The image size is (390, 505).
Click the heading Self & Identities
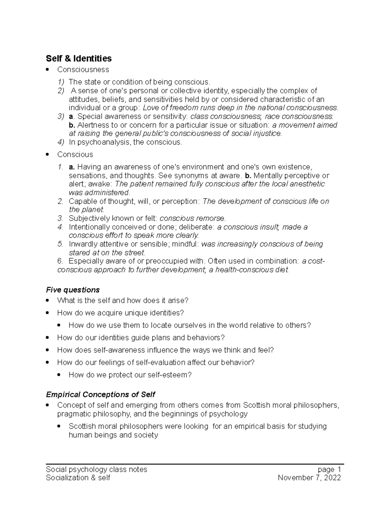[79, 59]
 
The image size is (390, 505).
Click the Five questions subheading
[73, 290]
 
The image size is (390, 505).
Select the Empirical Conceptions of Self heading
[100, 394]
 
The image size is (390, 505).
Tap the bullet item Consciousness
[83, 70]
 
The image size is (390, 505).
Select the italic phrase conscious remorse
[192, 218]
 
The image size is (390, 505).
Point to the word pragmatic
[74, 414]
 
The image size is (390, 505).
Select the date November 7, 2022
[309, 478]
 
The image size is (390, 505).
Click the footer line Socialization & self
[78, 478]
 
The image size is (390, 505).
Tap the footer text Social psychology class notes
[97, 470]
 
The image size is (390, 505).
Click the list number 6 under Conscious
[60, 261]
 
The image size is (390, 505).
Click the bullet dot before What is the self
[48, 300]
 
